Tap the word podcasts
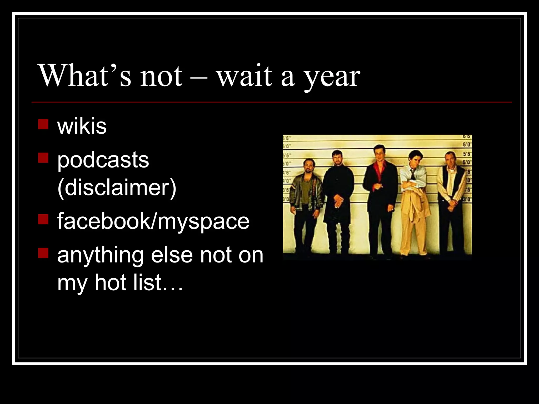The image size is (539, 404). [103, 160]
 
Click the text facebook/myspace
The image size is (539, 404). [153, 221]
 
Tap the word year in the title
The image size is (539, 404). [332, 77]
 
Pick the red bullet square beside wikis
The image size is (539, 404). [43, 124]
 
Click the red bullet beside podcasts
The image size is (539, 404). [43, 158]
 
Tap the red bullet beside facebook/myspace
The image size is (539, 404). [43, 219]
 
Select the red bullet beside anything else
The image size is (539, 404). [43, 253]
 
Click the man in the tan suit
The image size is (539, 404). [413, 200]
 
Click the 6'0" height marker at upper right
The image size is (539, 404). [467, 145]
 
